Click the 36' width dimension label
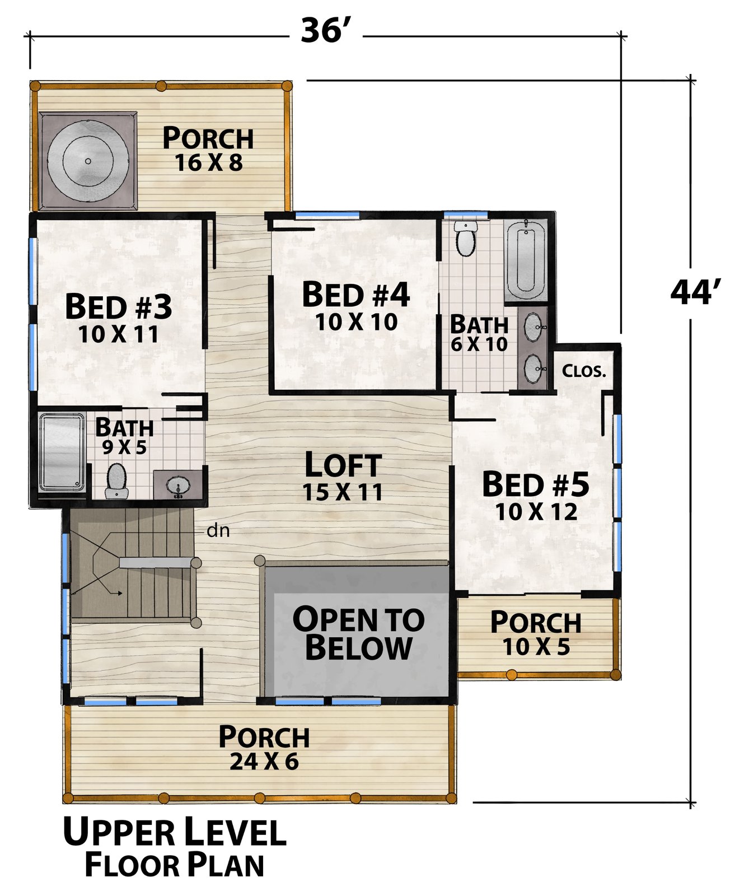[x=325, y=31]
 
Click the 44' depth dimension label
[x=695, y=292]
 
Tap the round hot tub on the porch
[x=88, y=161]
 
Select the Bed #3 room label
[x=119, y=307]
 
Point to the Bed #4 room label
[x=356, y=295]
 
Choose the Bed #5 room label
[x=536, y=484]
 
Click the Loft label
[x=343, y=465]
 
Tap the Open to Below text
[x=359, y=633]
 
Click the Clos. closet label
[x=584, y=371]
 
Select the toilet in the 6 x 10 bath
[x=465, y=237]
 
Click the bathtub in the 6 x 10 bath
[x=525, y=260]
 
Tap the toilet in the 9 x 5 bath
[x=117, y=480]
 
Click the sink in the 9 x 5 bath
[x=179, y=485]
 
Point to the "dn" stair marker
[x=218, y=530]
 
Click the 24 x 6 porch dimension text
[x=264, y=762]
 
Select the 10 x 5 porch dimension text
[x=536, y=647]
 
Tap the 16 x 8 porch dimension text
[x=209, y=163]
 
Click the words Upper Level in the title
[x=175, y=832]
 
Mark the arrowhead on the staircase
[x=120, y=592]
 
